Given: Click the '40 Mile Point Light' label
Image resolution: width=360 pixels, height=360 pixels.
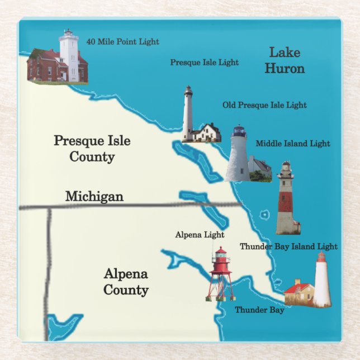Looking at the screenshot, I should (122, 41).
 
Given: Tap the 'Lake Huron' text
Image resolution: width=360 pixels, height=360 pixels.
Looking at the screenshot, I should (285, 61).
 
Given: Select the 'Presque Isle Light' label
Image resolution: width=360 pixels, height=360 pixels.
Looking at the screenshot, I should (204, 63).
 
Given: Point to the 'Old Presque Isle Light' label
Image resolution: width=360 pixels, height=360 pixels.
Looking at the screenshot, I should (264, 105).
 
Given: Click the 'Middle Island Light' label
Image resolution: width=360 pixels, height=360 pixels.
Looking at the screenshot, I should (293, 144).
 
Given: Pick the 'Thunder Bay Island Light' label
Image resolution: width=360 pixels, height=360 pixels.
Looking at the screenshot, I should (288, 246).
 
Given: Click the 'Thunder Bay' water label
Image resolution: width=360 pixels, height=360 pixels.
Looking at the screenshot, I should (259, 310).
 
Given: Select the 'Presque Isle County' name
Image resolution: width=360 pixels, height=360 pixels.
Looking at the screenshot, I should (92, 148).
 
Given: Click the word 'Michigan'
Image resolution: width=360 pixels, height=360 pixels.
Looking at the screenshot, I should (94, 196).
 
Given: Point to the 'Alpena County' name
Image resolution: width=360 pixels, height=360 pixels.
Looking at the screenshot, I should (126, 282).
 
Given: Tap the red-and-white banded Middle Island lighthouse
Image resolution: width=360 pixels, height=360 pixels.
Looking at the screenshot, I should (287, 198).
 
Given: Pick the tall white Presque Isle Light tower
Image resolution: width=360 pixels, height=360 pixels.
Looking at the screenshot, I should (188, 114).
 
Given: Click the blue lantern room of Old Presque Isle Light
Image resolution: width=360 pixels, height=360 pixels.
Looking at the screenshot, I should (239, 132).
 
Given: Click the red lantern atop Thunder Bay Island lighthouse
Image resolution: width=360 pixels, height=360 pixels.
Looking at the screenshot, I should (321, 258).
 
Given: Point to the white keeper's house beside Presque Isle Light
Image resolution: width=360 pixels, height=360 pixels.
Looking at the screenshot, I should (207, 133).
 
